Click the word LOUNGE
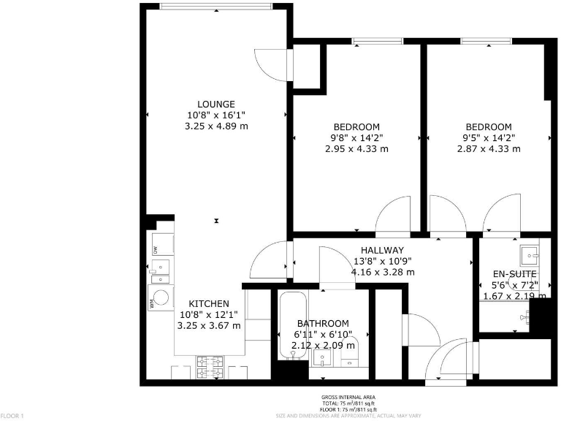[215, 104]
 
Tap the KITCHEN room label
[210, 303]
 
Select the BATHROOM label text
[322, 323]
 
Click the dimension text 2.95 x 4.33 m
[356, 148]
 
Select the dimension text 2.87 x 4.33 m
[489, 148]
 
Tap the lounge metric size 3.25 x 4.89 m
[217, 126]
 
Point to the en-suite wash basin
[529, 254]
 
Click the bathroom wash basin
[321, 359]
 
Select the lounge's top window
[216, 7]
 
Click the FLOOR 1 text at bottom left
[12, 416]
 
